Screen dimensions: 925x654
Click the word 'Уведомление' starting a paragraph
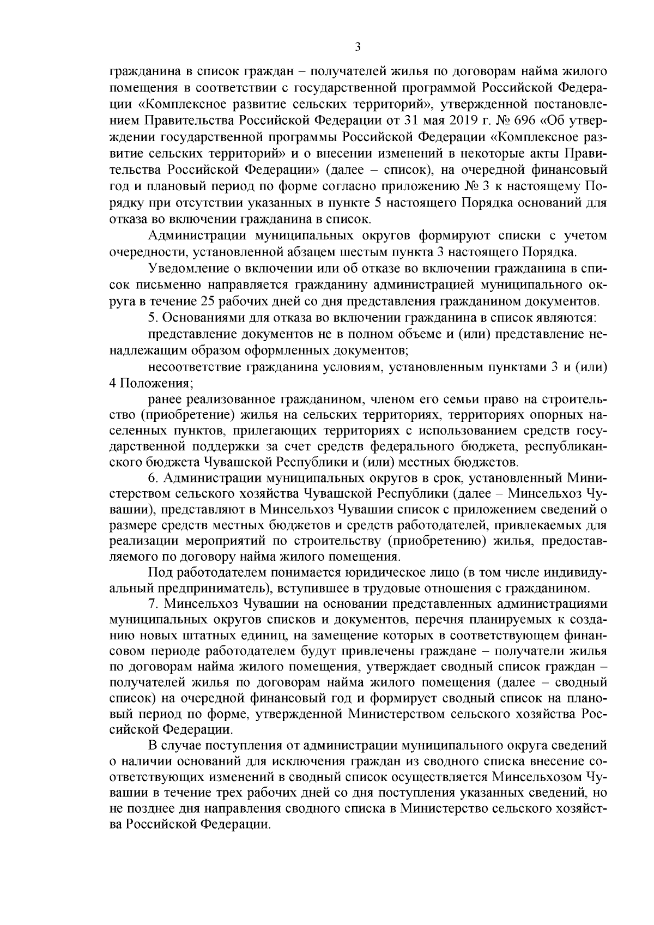(x=181, y=268)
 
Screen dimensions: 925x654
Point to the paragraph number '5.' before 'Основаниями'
(x=152, y=317)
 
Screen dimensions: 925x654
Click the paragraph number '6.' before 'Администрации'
(x=153, y=478)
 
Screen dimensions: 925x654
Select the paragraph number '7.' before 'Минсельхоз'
(x=153, y=604)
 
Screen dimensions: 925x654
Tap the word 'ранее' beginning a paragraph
(x=162, y=399)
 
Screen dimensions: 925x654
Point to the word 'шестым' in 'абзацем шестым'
(x=354, y=252)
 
